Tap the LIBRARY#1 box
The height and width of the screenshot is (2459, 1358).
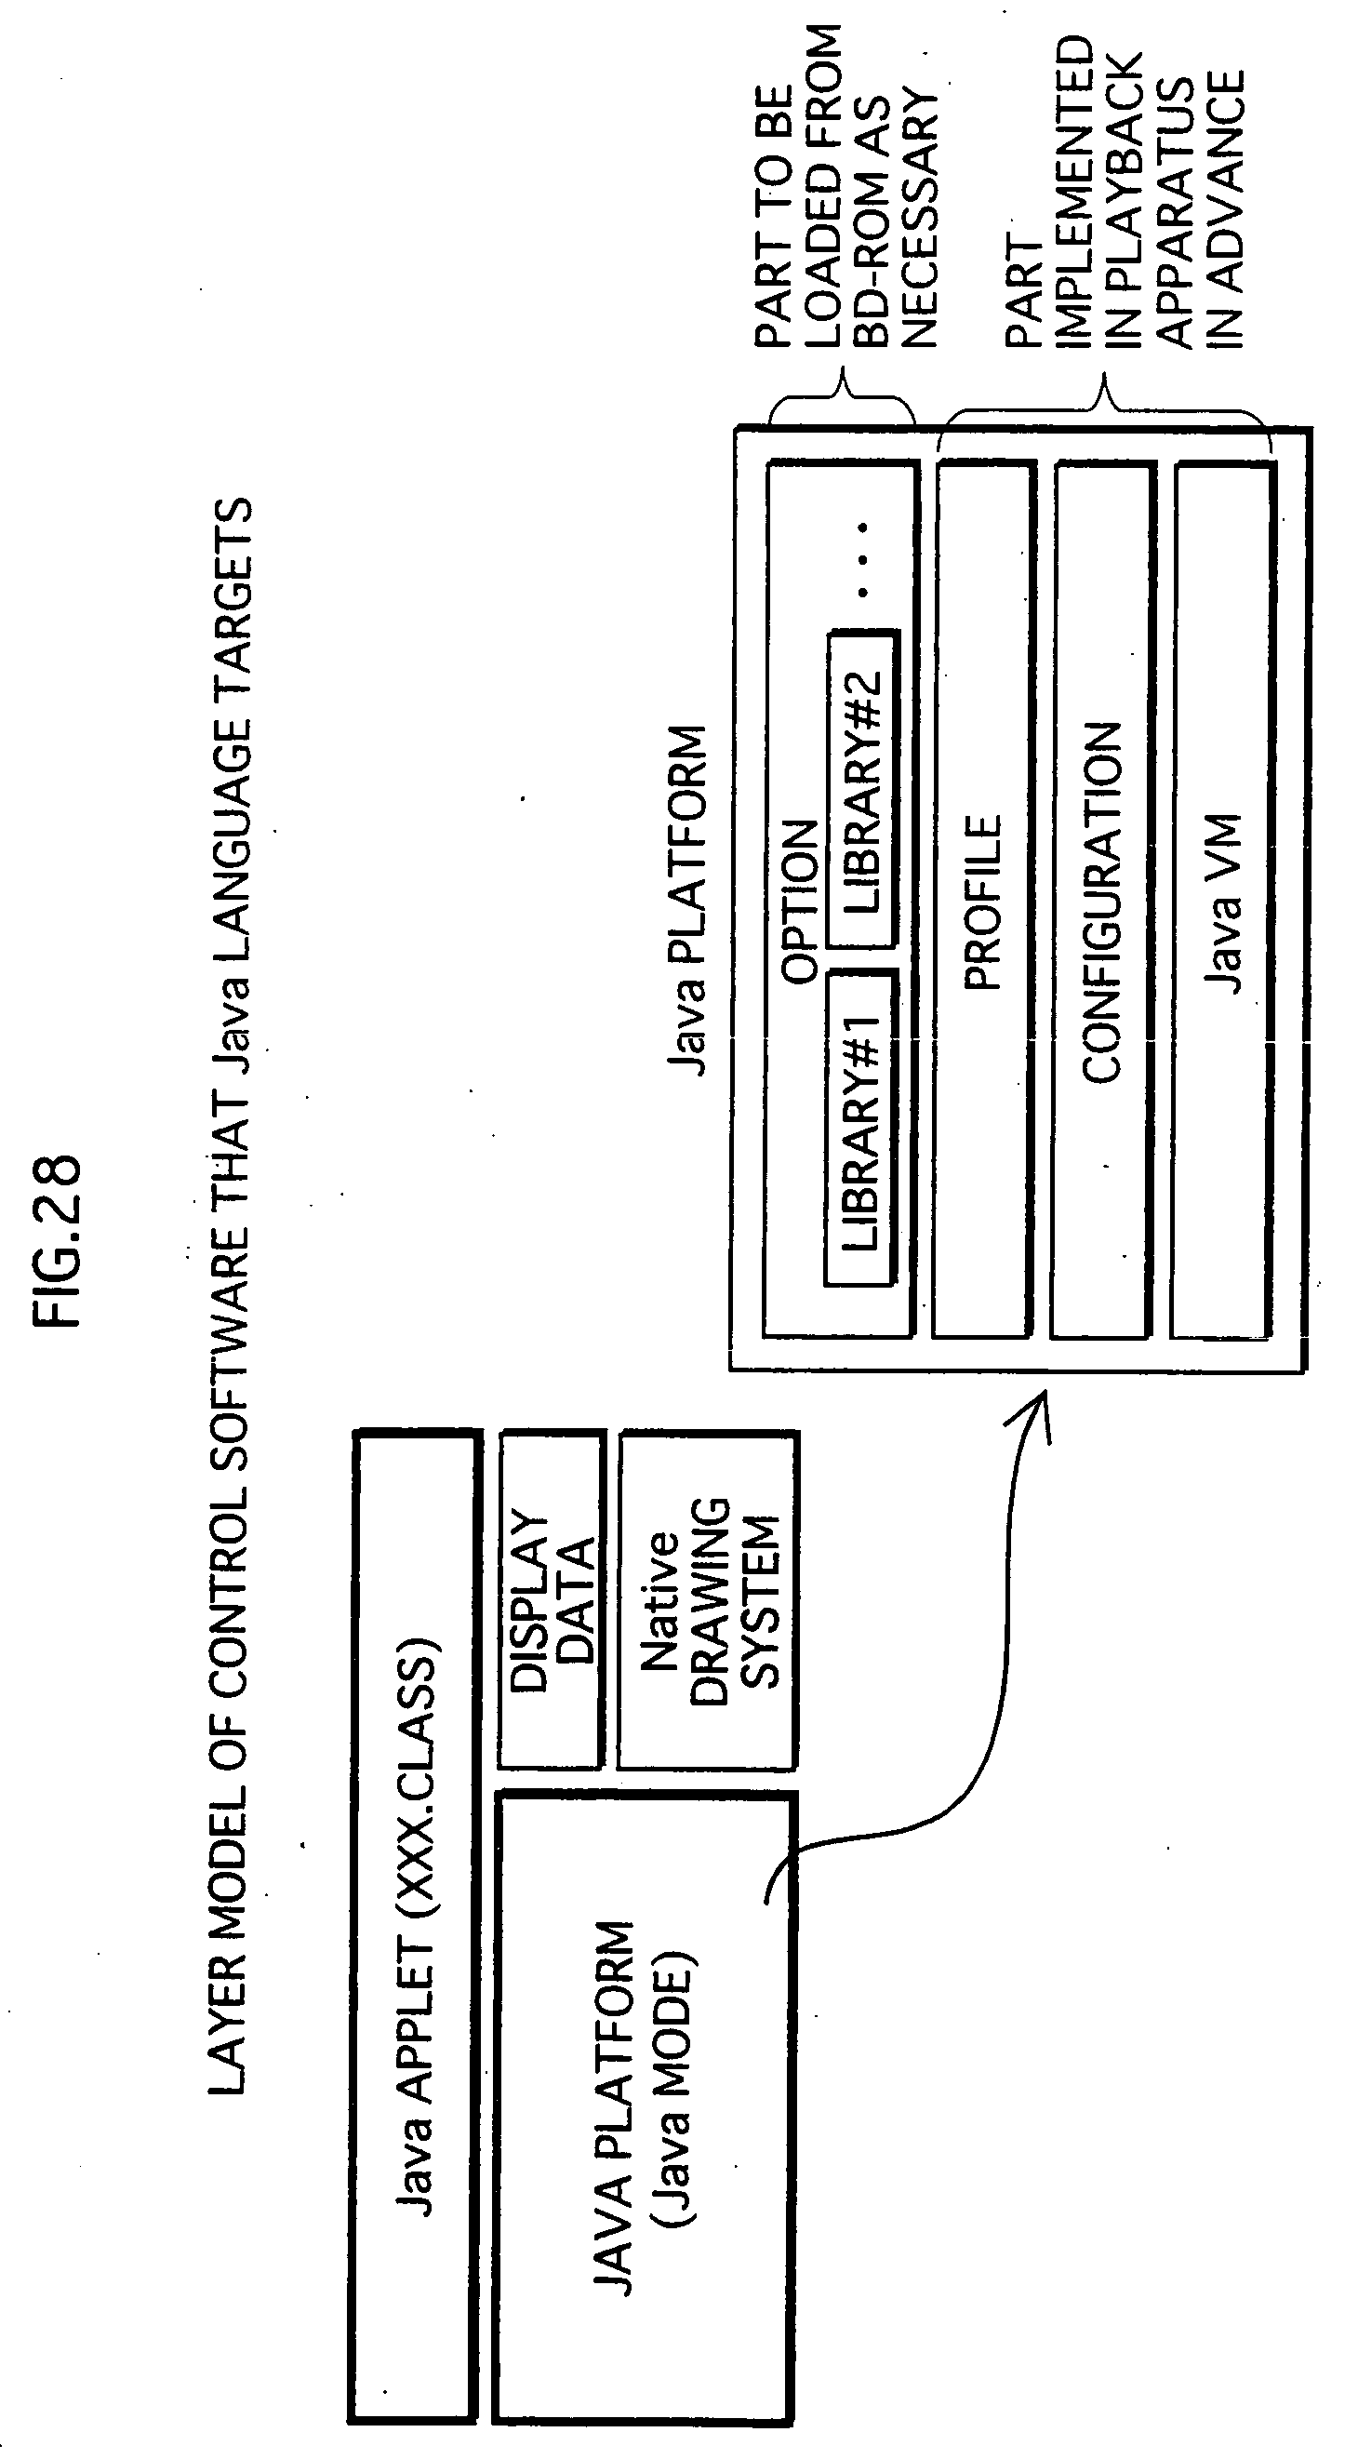click(860, 1127)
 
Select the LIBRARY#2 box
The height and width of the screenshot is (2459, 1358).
click(865, 787)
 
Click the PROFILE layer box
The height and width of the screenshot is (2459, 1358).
click(984, 900)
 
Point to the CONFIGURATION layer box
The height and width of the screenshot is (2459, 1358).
click(1101, 900)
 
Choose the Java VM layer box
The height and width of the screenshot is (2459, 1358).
click(1222, 900)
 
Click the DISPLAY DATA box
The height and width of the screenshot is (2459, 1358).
click(553, 1599)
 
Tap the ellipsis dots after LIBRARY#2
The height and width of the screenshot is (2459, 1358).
click(863, 558)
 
